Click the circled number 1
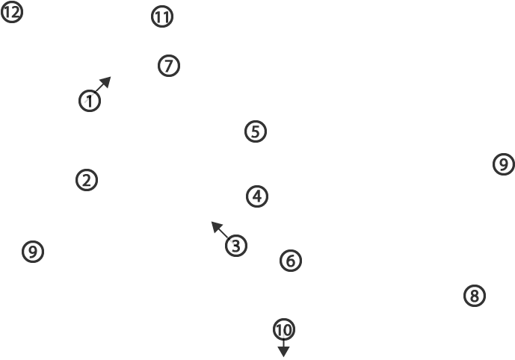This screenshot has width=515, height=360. pyautogui.click(x=90, y=101)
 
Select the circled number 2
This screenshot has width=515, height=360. pyautogui.click(x=87, y=180)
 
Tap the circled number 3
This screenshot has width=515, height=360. pyautogui.click(x=236, y=246)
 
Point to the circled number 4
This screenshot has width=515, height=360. pyautogui.click(x=257, y=196)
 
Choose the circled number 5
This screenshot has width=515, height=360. pyautogui.click(x=256, y=131)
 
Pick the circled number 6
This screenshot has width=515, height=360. pyautogui.click(x=291, y=261)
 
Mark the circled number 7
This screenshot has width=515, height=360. pyautogui.click(x=169, y=66)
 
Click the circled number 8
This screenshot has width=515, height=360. pyautogui.click(x=475, y=296)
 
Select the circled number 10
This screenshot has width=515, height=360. pyautogui.click(x=284, y=329)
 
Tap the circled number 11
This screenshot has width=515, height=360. pyautogui.click(x=162, y=16)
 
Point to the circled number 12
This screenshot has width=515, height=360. pyautogui.click(x=12, y=13)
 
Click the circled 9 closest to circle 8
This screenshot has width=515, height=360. pyautogui.click(x=504, y=164)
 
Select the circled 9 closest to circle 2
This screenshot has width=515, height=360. pyautogui.click(x=33, y=252)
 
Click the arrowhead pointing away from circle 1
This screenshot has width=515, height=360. pyautogui.click(x=105, y=81)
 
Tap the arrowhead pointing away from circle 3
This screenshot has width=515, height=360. pyautogui.click(x=217, y=227)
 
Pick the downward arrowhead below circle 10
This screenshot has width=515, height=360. pyautogui.click(x=283, y=352)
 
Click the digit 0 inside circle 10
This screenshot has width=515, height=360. pyautogui.click(x=287, y=330)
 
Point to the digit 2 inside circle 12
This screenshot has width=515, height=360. pyautogui.click(x=16, y=13)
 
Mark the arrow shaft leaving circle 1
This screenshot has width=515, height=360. pyautogui.click(x=98, y=90)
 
